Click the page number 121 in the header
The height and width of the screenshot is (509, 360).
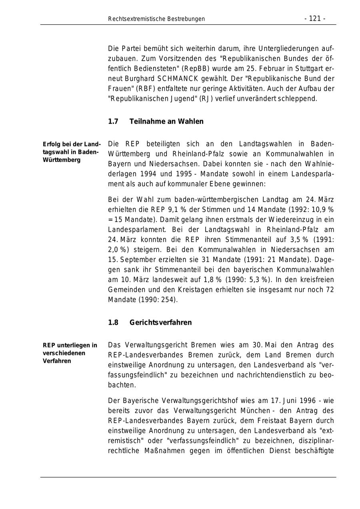315,19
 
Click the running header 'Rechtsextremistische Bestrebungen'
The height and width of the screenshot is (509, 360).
156,19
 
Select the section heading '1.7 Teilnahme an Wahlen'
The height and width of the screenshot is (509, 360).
156,122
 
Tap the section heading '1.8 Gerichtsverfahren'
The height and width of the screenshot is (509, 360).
150,323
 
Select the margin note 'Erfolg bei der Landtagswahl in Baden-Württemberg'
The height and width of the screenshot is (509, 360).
72,152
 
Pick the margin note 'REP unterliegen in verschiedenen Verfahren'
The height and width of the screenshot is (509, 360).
70,353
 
